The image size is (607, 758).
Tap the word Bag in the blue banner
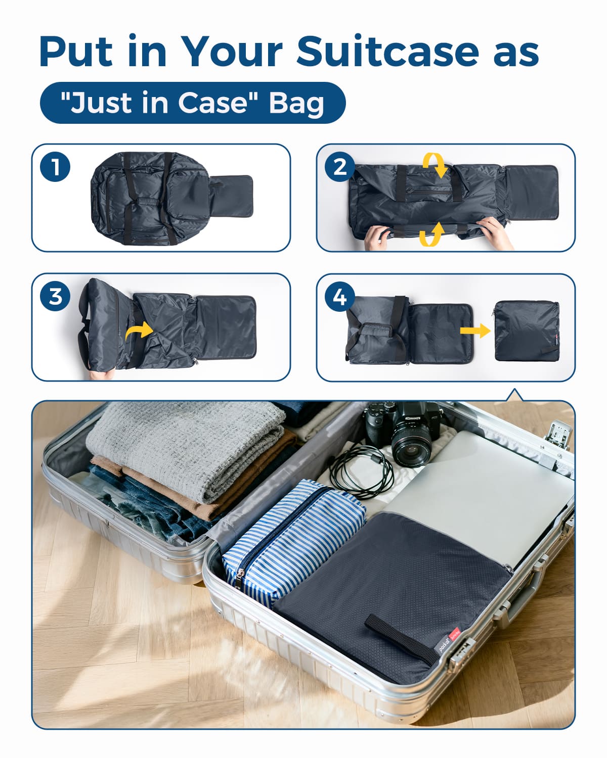coord(296,103)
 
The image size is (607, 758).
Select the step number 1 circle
coord(55,167)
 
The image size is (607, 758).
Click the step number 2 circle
coord(339,167)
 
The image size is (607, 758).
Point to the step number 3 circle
coord(55,296)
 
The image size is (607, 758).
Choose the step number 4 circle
coord(339,296)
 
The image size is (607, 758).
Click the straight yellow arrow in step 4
coord(475,330)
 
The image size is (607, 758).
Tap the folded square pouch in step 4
coord(527,330)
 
